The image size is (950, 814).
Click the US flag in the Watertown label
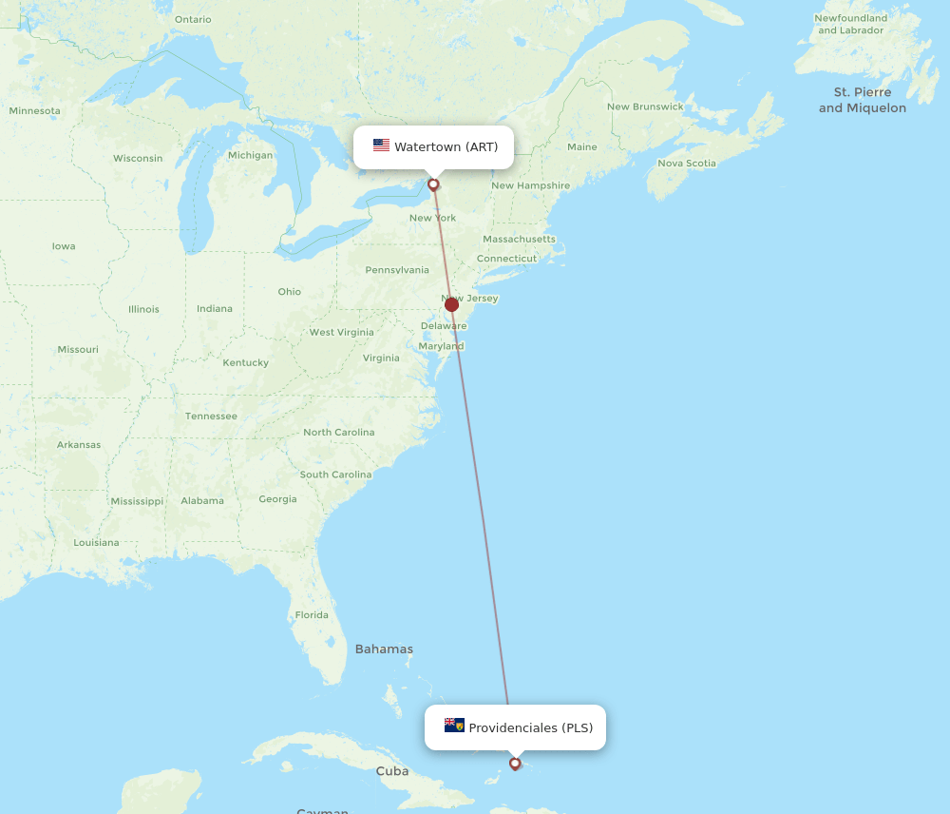coord(381,145)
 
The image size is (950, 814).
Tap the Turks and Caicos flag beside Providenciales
coord(454,726)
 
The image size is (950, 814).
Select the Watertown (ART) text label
coord(446,146)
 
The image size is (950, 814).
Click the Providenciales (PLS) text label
coord(530,728)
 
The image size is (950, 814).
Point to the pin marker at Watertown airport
coord(433,184)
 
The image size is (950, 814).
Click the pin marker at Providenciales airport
coord(515,763)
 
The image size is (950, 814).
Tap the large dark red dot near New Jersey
coord(451,304)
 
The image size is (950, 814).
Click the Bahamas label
coord(384,649)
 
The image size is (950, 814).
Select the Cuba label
coord(391,771)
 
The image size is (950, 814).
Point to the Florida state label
coord(311,615)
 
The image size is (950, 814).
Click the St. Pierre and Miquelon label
coord(862,100)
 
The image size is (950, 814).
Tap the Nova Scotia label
coord(687,164)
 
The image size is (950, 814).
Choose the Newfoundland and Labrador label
coord(851,24)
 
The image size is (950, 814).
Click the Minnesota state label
coord(34,111)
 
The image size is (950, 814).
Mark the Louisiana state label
coord(96,543)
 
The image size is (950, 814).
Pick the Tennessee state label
coord(211,417)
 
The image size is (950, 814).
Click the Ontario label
coord(193,19)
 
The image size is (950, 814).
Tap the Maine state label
coord(581,147)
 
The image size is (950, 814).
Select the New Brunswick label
coord(645,107)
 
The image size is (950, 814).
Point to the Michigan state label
coord(250,155)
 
